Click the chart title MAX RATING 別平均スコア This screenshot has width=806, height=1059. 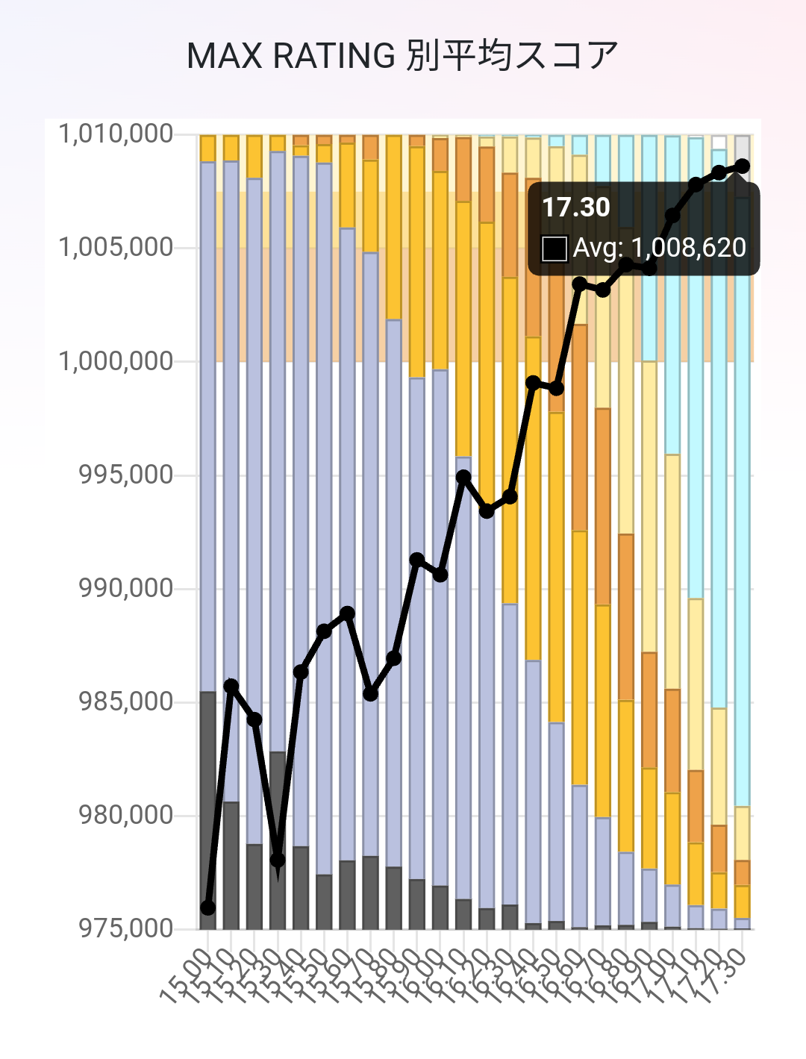pos(402,55)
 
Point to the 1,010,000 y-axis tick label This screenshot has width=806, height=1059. pos(116,134)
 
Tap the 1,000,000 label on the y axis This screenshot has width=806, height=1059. pos(116,361)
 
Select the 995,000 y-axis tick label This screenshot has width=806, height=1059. pos(125,475)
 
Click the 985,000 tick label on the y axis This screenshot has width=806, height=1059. pos(125,702)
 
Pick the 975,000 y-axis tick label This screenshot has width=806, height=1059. pos(125,928)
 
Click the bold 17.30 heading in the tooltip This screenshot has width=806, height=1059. pos(575,207)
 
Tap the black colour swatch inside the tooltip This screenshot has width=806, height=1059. pos(554,249)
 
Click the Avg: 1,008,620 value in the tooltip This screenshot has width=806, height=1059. pos(659,248)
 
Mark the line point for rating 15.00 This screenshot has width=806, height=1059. pos(208,908)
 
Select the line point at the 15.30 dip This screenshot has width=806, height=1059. pos(278,860)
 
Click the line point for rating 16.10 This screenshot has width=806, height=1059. pos(463,476)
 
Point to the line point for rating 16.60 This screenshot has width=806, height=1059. pos(580,284)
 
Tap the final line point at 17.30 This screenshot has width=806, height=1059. pos(742,166)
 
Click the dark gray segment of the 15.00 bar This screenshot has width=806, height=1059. pos(208,810)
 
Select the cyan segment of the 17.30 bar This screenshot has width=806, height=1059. pos(743,522)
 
